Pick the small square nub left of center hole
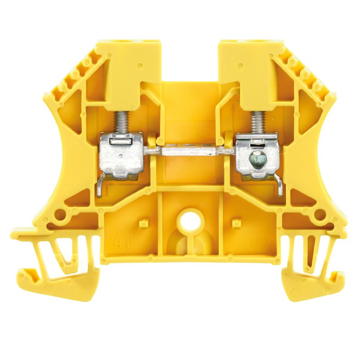(144, 223)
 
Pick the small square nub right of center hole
(234, 223)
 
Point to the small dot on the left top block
(140, 66)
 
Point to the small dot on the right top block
(240, 66)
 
